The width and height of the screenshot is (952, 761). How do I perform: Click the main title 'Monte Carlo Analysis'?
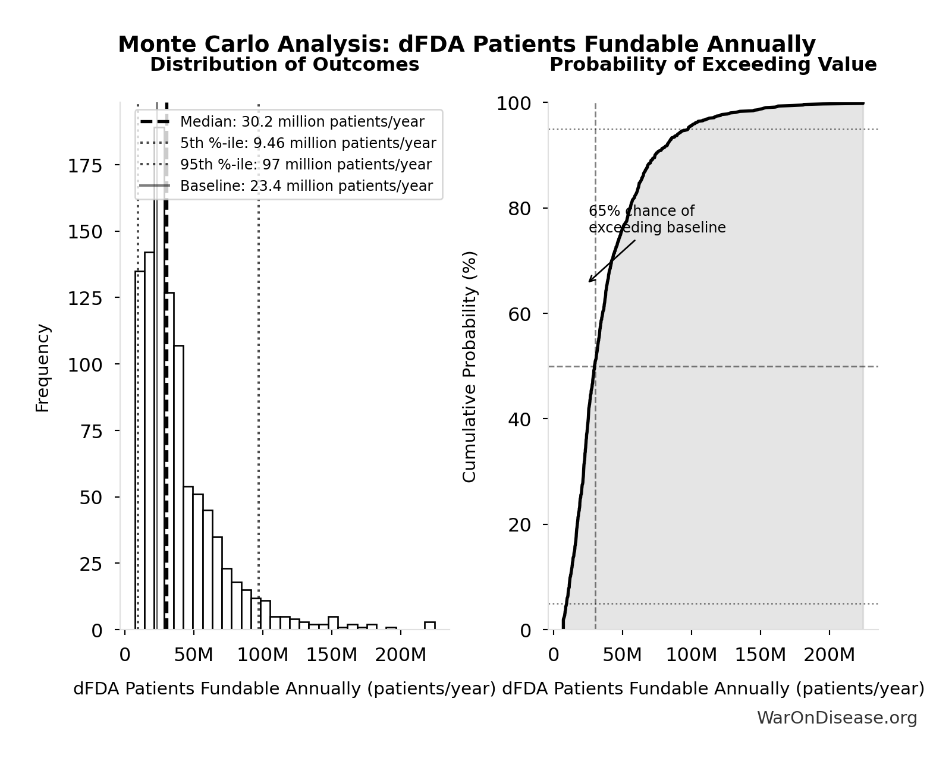(466, 45)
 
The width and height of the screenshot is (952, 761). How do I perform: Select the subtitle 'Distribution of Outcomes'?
(284, 65)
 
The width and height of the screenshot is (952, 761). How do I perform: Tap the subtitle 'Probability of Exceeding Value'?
(712, 65)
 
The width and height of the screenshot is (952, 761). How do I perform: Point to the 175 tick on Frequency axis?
(84, 165)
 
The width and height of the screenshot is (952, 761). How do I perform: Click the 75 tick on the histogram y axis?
(91, 431)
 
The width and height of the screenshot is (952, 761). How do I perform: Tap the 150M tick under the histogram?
(331, 655)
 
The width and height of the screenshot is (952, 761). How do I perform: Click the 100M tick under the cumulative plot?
(692, 655)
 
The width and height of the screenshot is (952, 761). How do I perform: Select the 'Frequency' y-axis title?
(43, 367)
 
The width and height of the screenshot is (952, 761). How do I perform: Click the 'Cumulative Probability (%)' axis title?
(470, 366)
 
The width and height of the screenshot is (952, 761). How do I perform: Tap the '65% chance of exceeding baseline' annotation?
(656, 219)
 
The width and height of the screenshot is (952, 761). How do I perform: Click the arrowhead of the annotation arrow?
(590, 281)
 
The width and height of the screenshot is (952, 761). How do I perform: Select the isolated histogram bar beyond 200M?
(429, 625)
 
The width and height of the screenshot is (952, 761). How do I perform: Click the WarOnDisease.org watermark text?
(837, 718)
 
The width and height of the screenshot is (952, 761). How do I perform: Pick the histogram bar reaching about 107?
(178, 488)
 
